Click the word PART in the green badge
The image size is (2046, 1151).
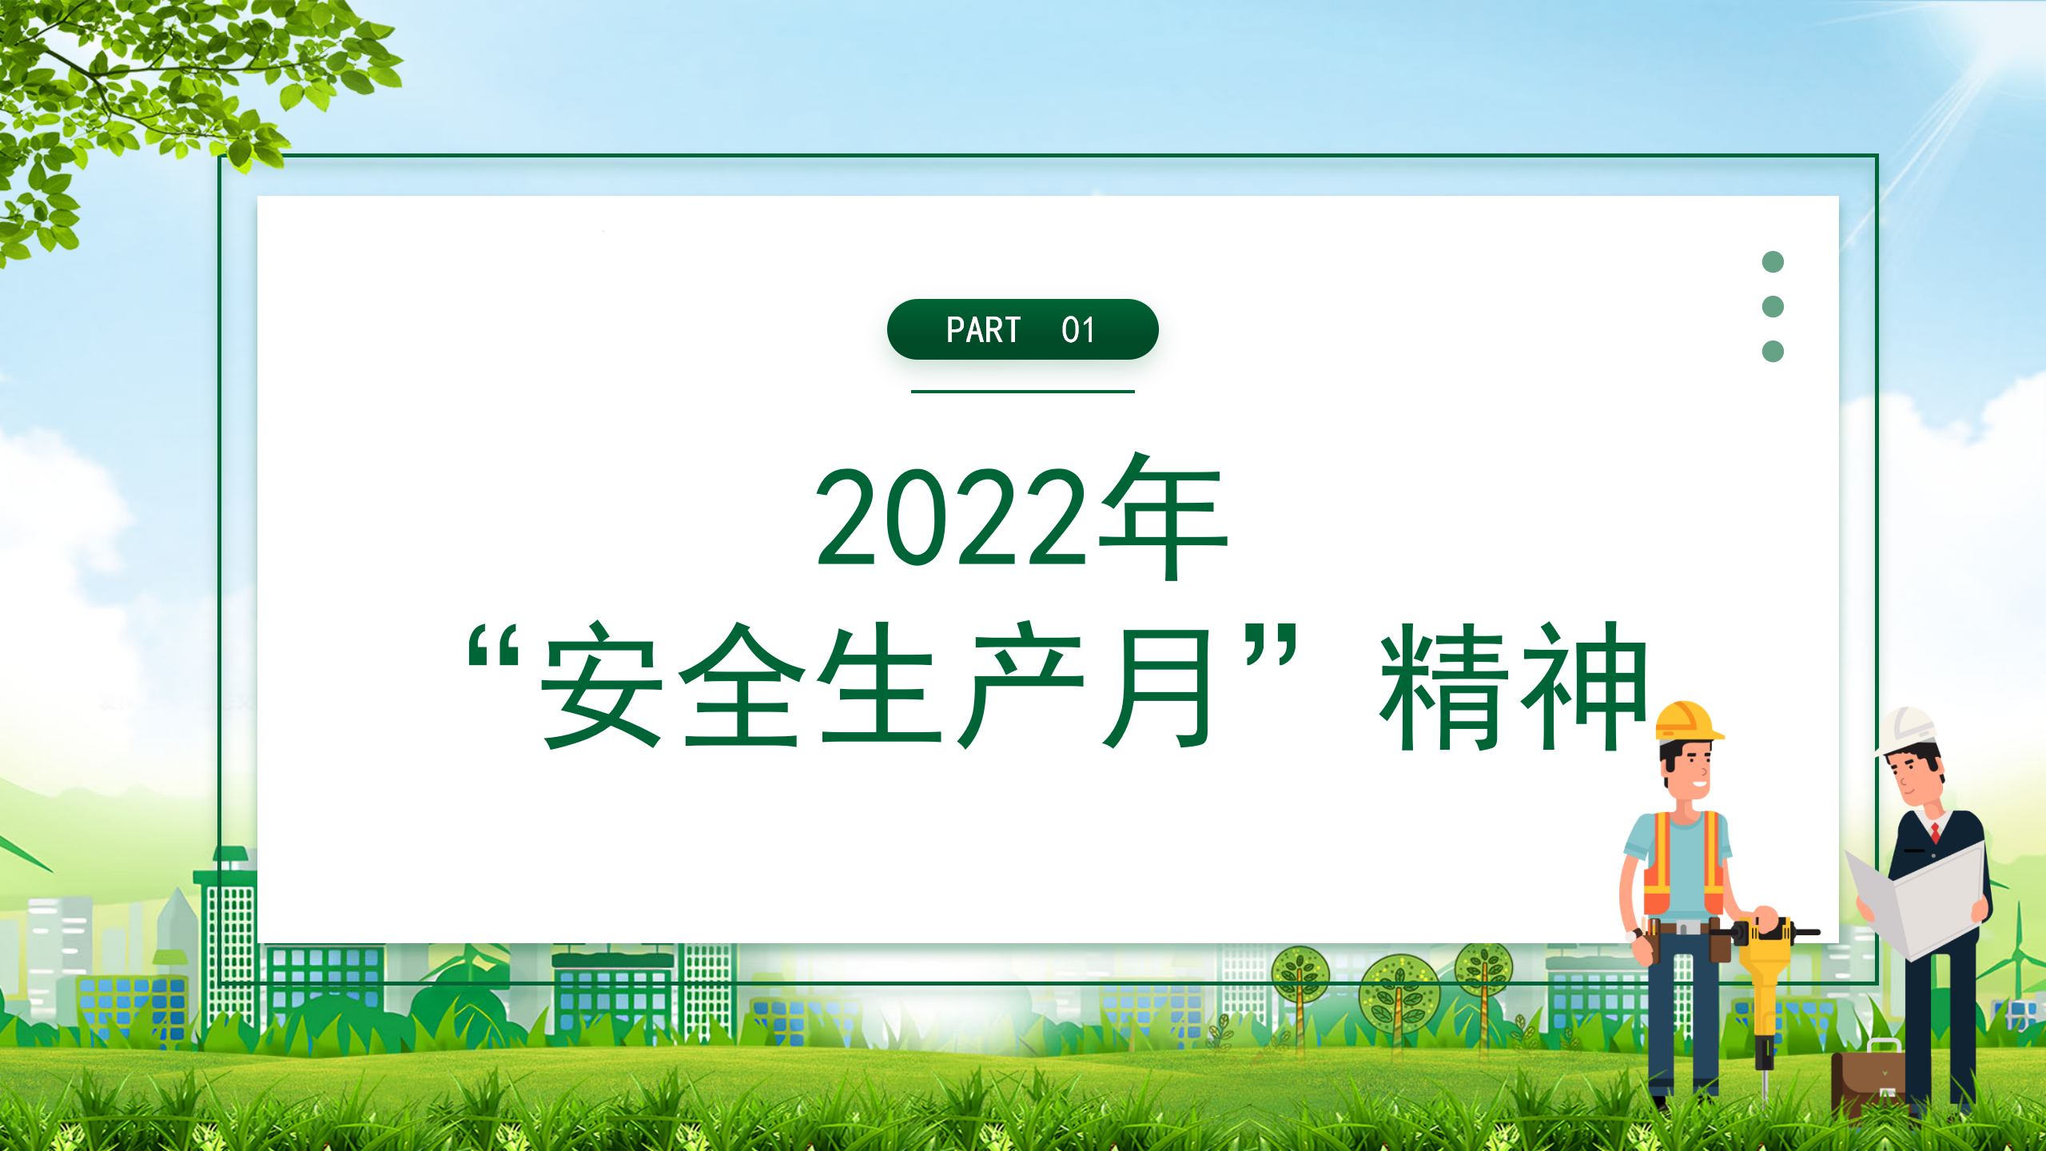pos(983,330)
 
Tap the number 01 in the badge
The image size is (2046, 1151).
pos(1078,330)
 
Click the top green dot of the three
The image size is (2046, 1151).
pos(1773,261)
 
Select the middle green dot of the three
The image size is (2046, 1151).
pos(1773,306)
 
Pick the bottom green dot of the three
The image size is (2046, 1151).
pos(1773,351)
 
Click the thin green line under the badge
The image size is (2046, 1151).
pos(1023,392)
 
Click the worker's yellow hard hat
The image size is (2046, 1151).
pos(1688,722)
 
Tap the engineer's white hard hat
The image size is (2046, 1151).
pos(1907,731)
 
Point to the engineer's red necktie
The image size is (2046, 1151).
pos(1935,832)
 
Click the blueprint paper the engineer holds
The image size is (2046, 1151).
pos(1918,899)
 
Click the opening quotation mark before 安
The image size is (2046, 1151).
pos(494,645)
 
